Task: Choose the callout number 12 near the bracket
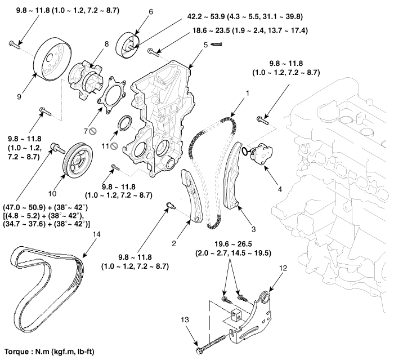283,269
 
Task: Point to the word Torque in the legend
19,349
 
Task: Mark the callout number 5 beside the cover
205,44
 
